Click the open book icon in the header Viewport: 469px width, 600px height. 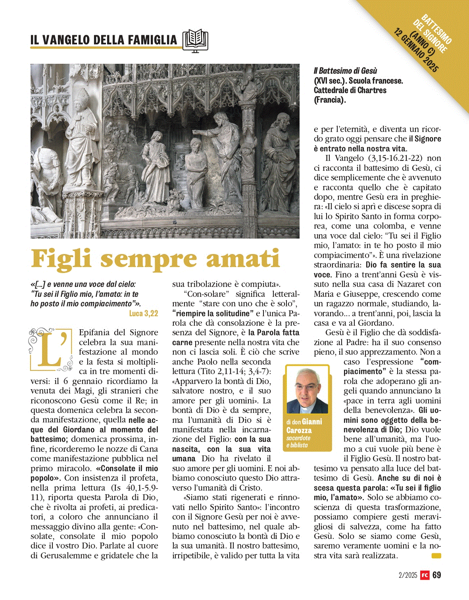tap(195, 40)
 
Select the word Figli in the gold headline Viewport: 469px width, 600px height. tap(62, 259)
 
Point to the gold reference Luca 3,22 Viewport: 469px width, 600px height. tap(143, 313)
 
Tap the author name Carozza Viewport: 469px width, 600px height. tap(299, 430)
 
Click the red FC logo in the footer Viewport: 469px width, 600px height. tap(425, 575)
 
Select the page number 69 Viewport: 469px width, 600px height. tap(436, 575)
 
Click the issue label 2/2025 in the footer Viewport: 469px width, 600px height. tap(408, 575)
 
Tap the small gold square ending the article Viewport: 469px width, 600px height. tap(436, 556)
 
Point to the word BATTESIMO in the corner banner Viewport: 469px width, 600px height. tap(436, 29)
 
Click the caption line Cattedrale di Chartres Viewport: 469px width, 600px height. tap(350, 90)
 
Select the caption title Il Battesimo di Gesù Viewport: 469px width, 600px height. tap(345, 71)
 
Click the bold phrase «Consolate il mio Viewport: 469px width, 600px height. tap(127, 468)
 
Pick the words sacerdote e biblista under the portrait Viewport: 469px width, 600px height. tap(298, 441)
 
